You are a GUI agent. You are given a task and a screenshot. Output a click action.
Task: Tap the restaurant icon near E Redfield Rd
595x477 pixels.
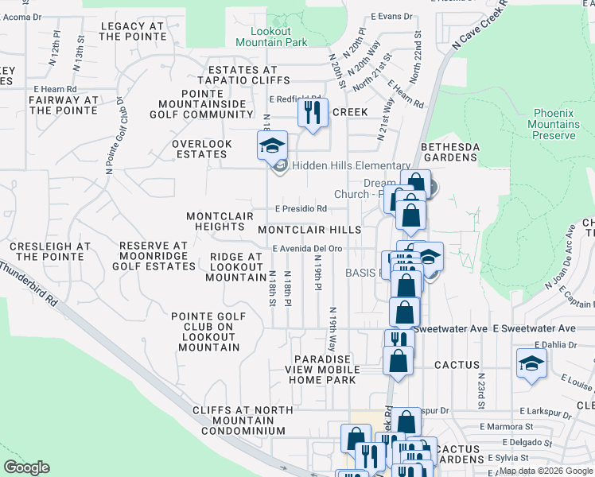tap(313, 112)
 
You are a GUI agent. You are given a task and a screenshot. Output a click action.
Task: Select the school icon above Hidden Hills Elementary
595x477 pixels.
tap(271, 146)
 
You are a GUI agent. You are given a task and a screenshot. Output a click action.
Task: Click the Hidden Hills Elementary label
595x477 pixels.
tap(351, 165)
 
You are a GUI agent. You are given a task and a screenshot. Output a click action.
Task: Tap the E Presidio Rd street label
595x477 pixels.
tap(301, 209)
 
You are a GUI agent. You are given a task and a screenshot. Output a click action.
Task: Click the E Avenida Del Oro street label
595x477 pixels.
tap(307, 248)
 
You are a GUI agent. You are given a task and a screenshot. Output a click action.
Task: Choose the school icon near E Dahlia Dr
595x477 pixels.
tap(531, 364)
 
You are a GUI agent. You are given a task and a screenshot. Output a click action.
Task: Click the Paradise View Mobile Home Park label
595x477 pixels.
tap(321, 370)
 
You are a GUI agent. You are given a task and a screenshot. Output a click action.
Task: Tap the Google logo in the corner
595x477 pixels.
tap(26, 467)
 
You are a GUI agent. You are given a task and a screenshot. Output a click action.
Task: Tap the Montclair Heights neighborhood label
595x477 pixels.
tap(220, 221)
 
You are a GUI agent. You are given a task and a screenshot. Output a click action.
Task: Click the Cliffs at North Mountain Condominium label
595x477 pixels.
tap(239, 421)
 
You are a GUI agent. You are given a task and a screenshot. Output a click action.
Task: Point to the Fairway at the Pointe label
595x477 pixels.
tap(63, 105)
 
